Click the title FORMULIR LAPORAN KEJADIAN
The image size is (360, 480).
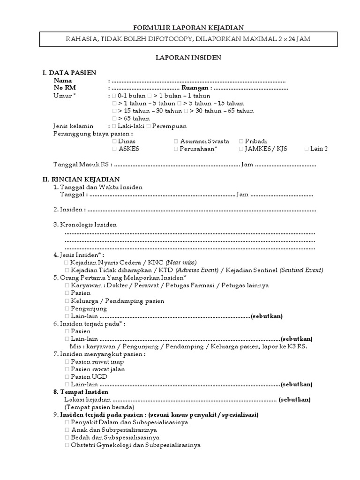pos(180,28)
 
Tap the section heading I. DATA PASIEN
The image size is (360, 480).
pos(69,73)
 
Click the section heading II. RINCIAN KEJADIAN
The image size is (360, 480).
pos(81,179)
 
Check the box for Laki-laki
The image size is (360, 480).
pos(114,126)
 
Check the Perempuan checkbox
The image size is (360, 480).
pos(149,126)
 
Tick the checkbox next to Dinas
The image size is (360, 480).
pos(115,141)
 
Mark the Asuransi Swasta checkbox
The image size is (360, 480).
pos(176,141)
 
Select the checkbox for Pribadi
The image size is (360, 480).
pos(241,141)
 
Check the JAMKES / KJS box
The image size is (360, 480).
pos(241,149)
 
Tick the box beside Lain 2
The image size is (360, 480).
pos(307,149)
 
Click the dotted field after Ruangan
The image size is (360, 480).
pos(251,88)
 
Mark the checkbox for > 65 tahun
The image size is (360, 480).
pos(114,119)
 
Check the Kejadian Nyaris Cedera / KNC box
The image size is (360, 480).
pos(67,262)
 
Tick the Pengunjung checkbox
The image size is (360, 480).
pos(67,308)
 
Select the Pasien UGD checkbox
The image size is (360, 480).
pos(67,376)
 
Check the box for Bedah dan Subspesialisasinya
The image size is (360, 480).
pos(67,437)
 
